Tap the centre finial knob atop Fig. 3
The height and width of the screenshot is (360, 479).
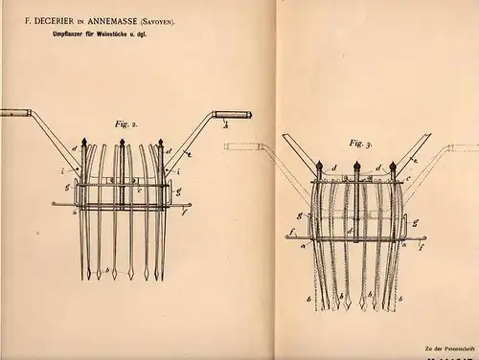[355, 164]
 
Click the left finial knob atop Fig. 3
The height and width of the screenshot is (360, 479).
[319, 164]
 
